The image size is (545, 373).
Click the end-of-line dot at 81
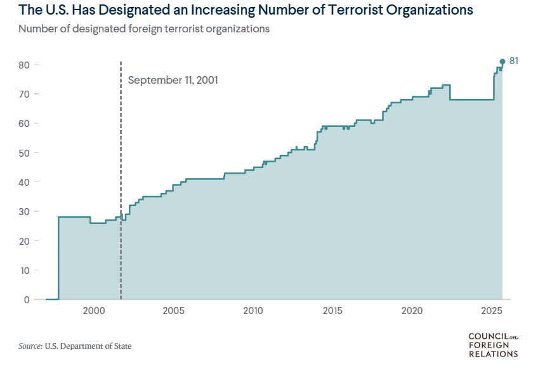(502, 62)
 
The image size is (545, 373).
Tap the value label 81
(515, 61)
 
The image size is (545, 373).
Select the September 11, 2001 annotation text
(173, 81)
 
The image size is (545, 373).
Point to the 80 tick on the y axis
(25, 65)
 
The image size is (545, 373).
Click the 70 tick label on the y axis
(25, 94)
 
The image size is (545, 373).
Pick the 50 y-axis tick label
(25, 153)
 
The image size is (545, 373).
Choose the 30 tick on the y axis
(25, 211)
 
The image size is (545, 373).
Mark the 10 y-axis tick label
(25, 270)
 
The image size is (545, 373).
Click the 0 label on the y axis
(27, 299)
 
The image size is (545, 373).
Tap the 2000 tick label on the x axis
(94, 311)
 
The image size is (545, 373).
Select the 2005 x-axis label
(173, 311)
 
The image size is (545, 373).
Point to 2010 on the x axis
(253, 311)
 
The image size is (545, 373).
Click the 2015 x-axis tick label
(332, 311)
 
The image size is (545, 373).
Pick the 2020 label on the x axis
(412, 311)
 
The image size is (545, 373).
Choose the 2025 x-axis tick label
(492, 311)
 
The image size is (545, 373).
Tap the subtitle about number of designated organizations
(144, 29)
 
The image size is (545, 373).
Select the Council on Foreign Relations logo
(493, 344)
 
